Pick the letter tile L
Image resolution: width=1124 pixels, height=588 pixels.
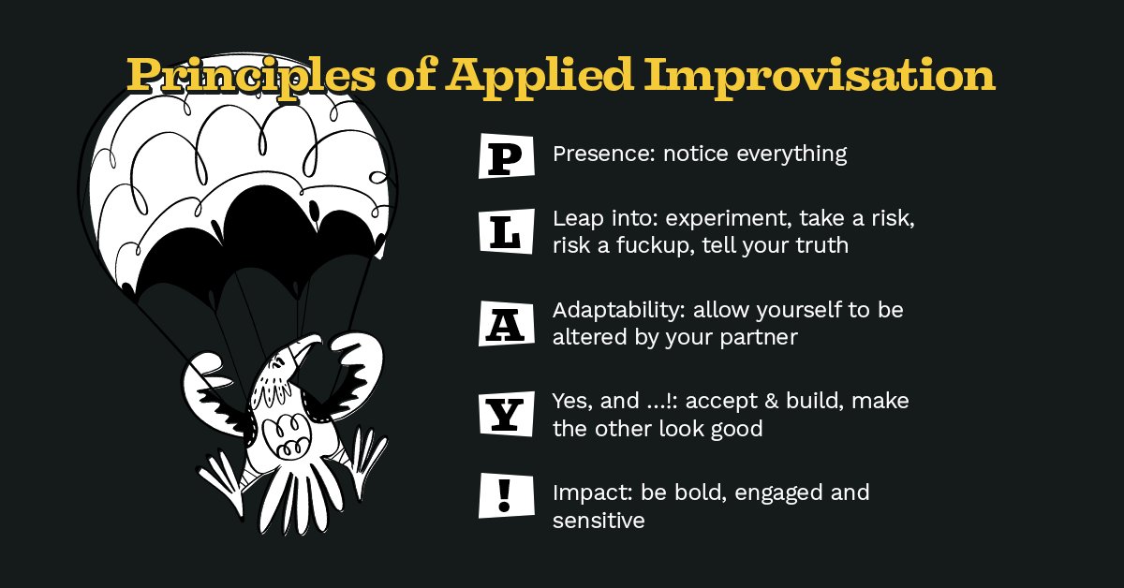coord(506,231)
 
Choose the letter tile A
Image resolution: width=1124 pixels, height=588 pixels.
coord(506,324)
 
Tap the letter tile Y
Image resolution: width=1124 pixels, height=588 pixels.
coord(506,414)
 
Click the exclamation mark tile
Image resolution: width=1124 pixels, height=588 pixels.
coord(506,494)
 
